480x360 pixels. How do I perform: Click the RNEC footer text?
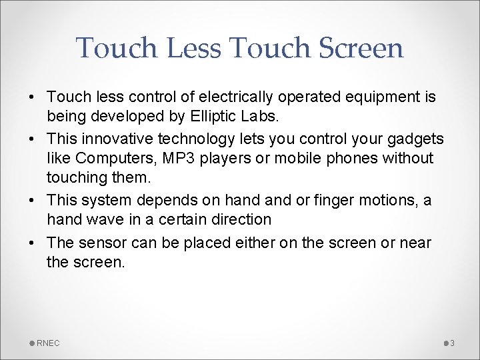[x=48, y=343]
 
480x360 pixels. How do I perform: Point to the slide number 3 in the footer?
[x=452, y=343]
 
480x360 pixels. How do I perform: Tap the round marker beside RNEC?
[x=32, y=343]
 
